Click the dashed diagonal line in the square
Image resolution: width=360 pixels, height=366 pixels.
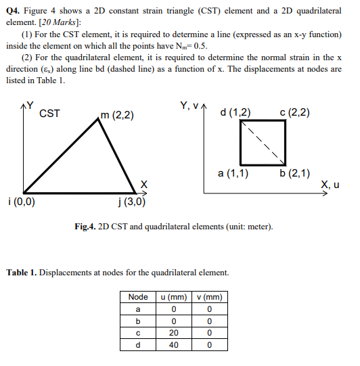261,143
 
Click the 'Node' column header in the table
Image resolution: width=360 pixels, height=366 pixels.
138,297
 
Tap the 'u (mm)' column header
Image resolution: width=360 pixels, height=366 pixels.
173,297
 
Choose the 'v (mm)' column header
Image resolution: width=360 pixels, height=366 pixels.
210,297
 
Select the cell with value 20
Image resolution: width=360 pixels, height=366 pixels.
173,333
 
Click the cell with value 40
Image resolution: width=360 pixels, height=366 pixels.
173,345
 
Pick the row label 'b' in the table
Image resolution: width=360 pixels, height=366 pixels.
138,321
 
